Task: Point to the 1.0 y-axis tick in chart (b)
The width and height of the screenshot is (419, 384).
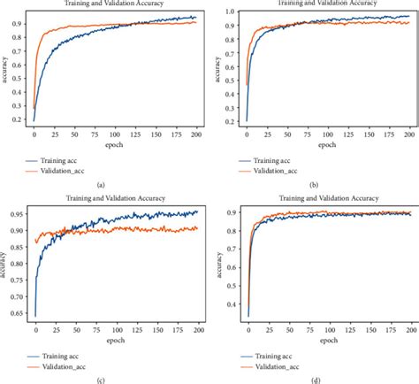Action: [x=232, y=11]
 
